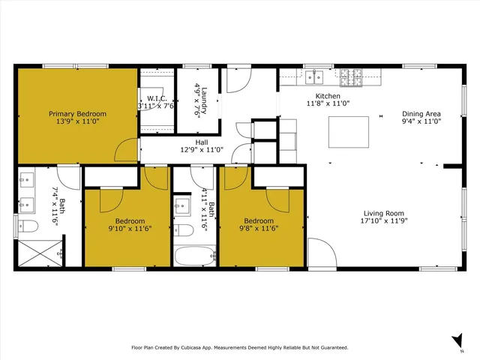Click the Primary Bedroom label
[77, 114]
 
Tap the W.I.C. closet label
[156, 98]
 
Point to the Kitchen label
[327, 97]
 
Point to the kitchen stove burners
[351, 74]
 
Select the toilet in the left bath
[28, 226]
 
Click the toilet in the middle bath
[183, 229]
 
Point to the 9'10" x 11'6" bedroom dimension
[129, 229]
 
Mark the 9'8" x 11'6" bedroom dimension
[259, 229]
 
